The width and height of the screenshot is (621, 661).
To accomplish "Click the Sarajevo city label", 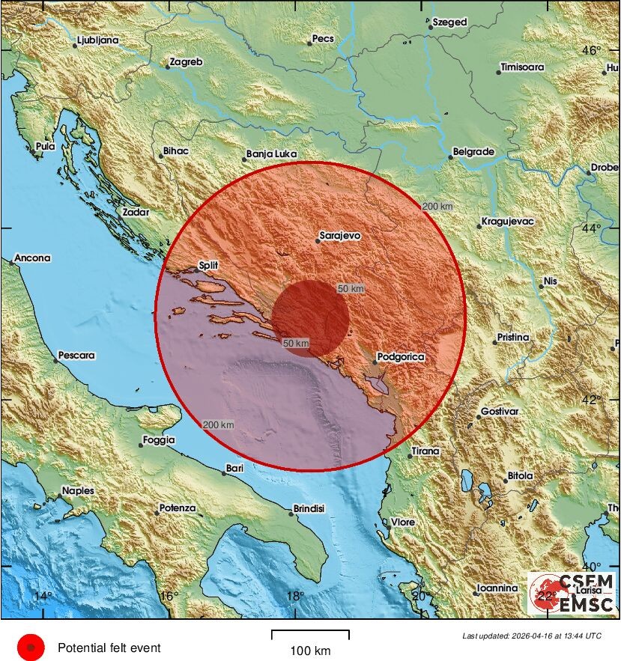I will pos(339,236).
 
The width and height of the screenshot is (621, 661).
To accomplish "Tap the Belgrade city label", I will pos(473,152).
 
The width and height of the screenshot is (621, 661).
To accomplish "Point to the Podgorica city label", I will pos(400,358).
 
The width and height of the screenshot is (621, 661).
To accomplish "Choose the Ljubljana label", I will pos(99,40).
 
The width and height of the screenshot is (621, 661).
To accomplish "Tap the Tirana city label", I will pos(425,452).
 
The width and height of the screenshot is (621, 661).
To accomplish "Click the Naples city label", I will pos(78,491).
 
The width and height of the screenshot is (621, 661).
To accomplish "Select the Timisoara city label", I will pos(521,67).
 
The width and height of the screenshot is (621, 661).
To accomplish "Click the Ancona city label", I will pos(32,258).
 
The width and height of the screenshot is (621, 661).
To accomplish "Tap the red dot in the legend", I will pos(31,647).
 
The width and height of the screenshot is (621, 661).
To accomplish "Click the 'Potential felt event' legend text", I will pos(109,648).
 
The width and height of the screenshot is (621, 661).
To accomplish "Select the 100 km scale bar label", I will pos(309,651).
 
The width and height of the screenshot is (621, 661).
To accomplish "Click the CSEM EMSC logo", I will pos(572,593).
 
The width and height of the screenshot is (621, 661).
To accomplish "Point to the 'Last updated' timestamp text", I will pos(531,636).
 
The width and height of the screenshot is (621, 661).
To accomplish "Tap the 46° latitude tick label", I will pos(592,51).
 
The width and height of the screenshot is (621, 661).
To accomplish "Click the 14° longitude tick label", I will pos(43,596).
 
